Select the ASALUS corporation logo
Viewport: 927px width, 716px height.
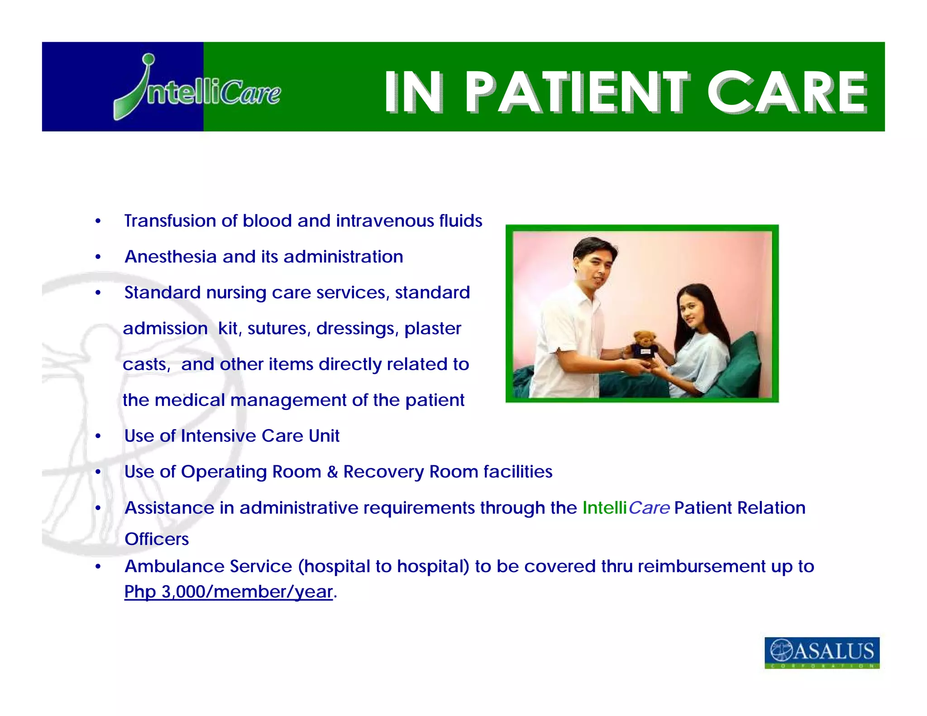[x=822, y=652]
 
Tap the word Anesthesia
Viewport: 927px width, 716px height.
[x=171, y=257]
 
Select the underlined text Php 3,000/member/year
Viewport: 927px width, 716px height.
[x=229, y=592]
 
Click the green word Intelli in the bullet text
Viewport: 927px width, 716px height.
[x=604, y=508]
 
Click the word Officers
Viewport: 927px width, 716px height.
[x=157, y=539]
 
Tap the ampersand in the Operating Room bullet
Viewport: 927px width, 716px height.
[x=332, y=472]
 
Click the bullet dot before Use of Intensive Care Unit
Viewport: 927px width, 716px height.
[x=98, y=436]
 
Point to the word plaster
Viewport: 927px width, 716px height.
[x=433, y=329]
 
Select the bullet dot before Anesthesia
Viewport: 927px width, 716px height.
[x=98, y=257]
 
